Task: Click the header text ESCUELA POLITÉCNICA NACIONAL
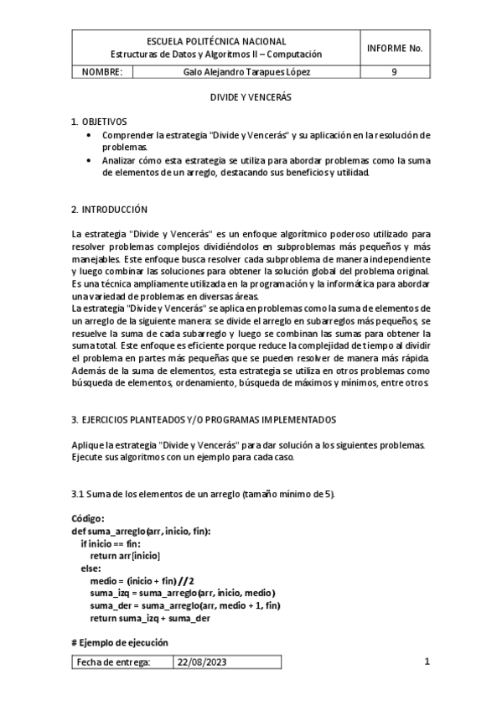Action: tap(215, 41)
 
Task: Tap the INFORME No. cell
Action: tap(394, 47)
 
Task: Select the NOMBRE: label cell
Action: tap(102, 72)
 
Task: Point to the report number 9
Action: tap(394, 72)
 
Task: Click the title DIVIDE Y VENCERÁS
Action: tap(250, 97)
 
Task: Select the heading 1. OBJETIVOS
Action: tap(99, 122)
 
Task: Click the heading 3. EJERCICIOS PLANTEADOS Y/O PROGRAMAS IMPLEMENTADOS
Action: tap(204, 418)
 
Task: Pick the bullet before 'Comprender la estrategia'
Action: tap(91, 135)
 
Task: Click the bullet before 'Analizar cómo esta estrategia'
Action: tap(91, 160)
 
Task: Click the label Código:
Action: tap(88, 519)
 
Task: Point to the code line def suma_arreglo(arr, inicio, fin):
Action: tap(142, 532)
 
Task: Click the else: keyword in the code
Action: tap(90, 568)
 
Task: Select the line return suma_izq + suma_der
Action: tap(149, 619)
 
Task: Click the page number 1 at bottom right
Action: tap(427, 662)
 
